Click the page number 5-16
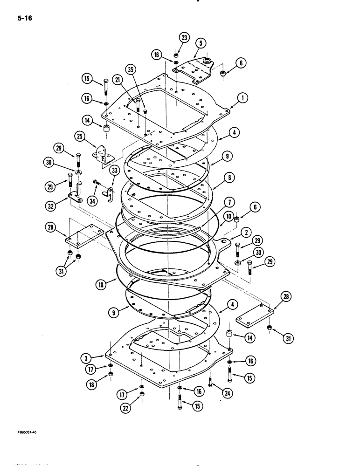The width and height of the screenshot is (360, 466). pos(24,19)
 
